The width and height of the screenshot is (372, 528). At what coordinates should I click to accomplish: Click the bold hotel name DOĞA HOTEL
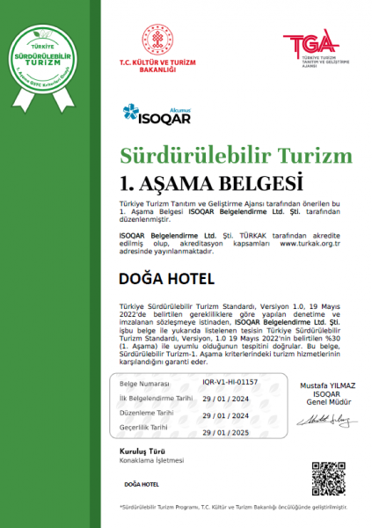click(165, 279)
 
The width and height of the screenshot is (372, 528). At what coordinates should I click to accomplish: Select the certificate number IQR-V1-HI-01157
click(230, 358)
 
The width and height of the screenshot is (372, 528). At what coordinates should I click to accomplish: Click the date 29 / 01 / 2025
click(225, 433)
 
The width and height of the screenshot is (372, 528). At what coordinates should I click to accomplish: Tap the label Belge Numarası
click(146, 359)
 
